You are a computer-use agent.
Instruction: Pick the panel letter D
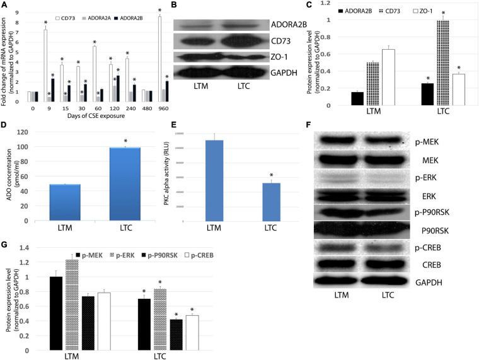pos(4,125)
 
